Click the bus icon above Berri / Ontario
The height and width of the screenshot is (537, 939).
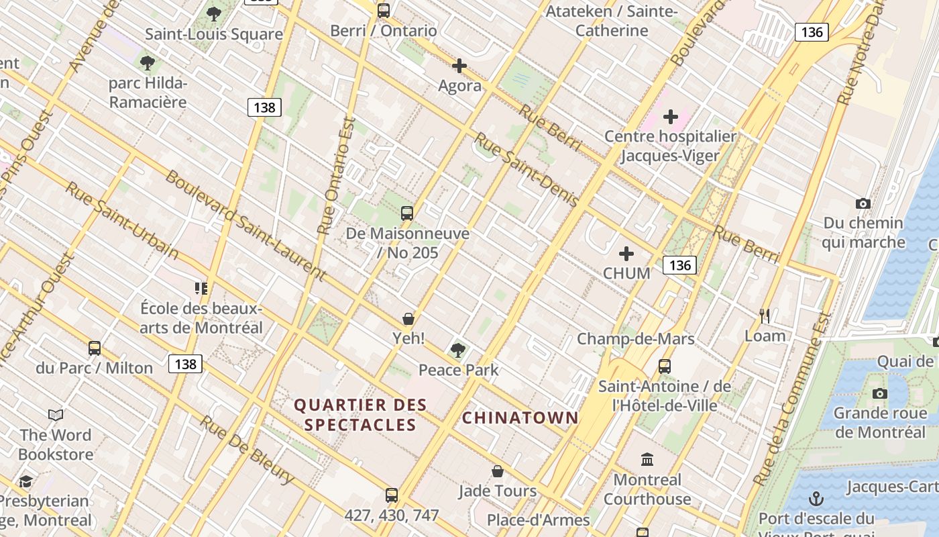pos(384,11)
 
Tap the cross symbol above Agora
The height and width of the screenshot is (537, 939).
pos(459,66)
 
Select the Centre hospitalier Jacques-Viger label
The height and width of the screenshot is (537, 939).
pos(670,146)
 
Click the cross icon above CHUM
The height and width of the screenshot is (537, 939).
pos(626,254)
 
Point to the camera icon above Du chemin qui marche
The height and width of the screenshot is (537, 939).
pos(863,203)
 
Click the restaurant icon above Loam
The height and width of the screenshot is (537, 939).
pos(765,315)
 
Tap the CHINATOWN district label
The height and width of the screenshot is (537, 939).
pos(520,418)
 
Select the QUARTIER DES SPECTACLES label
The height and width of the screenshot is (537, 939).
pos(361,415)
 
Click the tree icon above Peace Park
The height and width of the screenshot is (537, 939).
pos(459,350)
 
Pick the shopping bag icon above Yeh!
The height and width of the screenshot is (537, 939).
pos(408,318)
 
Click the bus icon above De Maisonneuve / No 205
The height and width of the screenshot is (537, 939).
pos(407,213)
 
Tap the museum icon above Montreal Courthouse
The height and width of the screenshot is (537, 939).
pos(647,460)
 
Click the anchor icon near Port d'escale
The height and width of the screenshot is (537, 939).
pos(816,499)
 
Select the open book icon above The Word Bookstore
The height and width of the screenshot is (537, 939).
pos(56,416)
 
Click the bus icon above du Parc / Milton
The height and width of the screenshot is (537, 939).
pos(95,348)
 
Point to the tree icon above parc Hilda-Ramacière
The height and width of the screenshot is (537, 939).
pos(148,63)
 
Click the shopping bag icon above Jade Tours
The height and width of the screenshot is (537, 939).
pos(498,471)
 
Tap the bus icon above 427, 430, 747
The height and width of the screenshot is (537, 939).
pos(392,495)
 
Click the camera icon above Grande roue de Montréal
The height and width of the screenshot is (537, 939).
pos(880,393)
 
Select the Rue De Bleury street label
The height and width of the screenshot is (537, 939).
pos(247,450)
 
